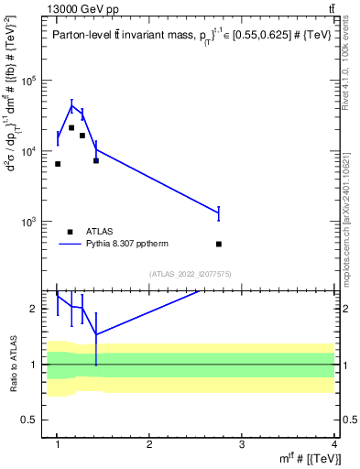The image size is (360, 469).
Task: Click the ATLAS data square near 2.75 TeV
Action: point(219,244)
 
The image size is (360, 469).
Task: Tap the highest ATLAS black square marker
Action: point(71,128)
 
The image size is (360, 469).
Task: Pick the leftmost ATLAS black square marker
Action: point(58,164)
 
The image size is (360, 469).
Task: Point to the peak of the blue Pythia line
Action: point(71,105)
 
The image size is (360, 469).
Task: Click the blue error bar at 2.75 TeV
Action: point(219,213)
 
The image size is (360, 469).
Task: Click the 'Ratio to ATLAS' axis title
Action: point(12,364)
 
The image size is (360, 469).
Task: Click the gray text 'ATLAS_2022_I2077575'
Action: point(191,274)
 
